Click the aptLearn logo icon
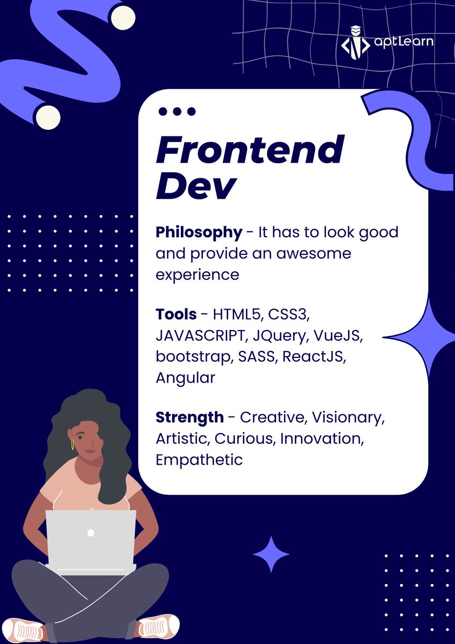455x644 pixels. tap(355, 41)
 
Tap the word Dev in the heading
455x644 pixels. tap(196, 186)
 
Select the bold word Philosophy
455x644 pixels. tap(199, 232)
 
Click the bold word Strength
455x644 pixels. tap(189, 417)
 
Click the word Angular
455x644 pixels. tap(185, 378)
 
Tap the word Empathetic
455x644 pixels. tap(199, 460)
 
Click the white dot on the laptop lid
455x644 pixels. tap(91, 533)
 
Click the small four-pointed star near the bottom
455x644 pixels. tap(271, 554)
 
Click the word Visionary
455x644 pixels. tap(349, 418)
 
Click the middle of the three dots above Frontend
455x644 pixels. tap(177, 112)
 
